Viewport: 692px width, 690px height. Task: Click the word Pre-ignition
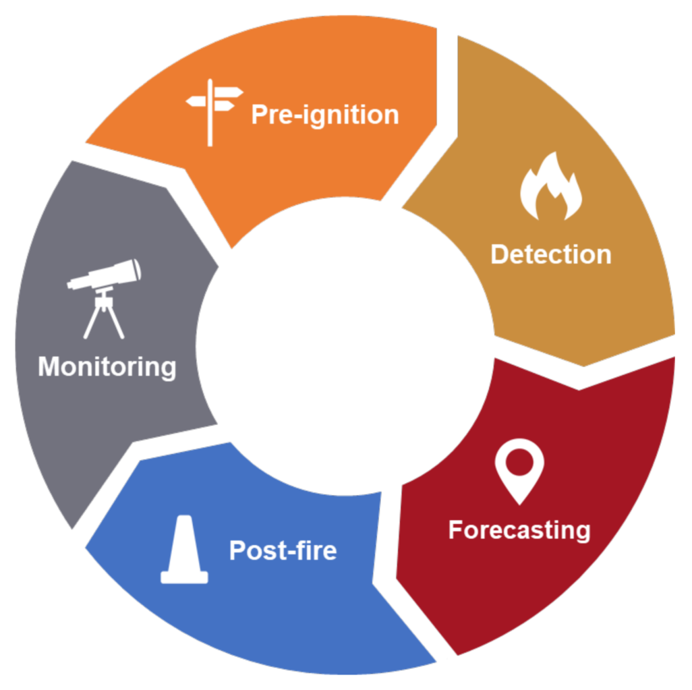point(325,115)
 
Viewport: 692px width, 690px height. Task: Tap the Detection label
point(550,255)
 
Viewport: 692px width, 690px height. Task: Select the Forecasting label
point(519,530)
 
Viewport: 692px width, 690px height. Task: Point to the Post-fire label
point(283,550)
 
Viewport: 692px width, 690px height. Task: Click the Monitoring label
point(107,368)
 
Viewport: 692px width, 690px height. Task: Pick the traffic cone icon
point(184,550)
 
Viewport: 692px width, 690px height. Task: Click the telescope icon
point(105,297)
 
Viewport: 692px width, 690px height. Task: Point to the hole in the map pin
point(519,463)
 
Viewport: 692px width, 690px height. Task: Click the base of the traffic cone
point(184,577)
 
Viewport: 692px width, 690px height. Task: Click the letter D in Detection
point(499,255)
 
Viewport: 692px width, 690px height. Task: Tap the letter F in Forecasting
point(456,530)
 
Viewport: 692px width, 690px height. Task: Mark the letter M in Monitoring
point(49,368)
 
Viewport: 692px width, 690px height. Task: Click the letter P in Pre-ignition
point(259,115)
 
